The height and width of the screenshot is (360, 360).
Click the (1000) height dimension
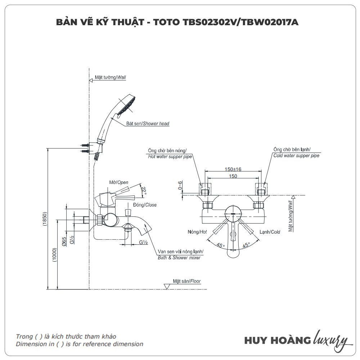click(x=54, y=255)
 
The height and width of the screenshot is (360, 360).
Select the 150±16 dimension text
click(x=233, y=169)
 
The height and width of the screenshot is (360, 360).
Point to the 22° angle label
click(x=144, y=191)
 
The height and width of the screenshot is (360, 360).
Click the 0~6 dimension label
click(x=180, y=185)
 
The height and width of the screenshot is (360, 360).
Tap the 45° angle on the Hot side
click(x=220, y=246)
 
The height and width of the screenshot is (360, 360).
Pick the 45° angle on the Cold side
click(x=246, y=246)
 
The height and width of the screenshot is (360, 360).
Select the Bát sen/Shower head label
click(x=147, y=123)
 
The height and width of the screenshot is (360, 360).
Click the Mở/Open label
click(x=119, y=183)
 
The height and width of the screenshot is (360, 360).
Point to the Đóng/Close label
click(x=145, y=205)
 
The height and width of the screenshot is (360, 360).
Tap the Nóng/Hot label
click(x=197, y=232)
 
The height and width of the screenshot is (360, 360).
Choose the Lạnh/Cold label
click(x=270, y=232)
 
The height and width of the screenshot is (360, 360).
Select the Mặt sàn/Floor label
click(x=186, y=281)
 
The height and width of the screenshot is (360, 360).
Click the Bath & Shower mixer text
click(x=179, y=258)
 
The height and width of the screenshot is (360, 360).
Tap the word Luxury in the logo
click(x=331, y=339)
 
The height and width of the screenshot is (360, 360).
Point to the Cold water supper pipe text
click(x=296, y=156)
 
